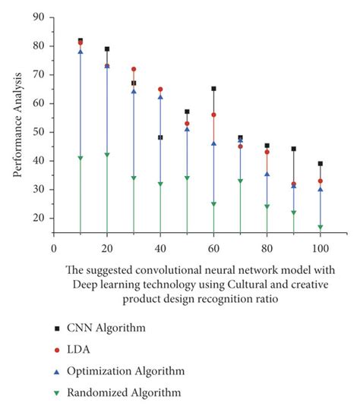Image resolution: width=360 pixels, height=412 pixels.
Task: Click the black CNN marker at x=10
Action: click(x=81, y=40)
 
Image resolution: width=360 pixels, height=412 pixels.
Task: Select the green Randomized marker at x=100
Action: click(x=321, y=227)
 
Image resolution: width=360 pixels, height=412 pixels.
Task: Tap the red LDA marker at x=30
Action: click(x=134, y=69)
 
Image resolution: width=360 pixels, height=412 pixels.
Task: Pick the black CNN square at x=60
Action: click(x=213, y=89)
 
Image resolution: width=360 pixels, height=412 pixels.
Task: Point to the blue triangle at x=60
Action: click(x=213, y=143)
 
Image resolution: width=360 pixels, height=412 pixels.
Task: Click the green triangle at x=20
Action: click(x=107, y=155)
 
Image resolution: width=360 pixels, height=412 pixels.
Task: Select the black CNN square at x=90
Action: click(x=294, y=149)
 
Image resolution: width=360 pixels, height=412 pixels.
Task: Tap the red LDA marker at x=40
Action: click(x=160, y=89)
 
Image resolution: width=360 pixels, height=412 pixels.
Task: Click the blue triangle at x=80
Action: click(x=267, y=175)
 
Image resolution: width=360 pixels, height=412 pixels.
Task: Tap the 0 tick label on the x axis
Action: click(x=53, y=248)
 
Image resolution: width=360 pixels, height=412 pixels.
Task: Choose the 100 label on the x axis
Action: click(x=321, y=248)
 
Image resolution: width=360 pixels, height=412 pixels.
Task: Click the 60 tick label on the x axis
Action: click(x=213, y=248)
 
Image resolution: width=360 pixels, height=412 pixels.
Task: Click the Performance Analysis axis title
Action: click(x=16, y=125)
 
